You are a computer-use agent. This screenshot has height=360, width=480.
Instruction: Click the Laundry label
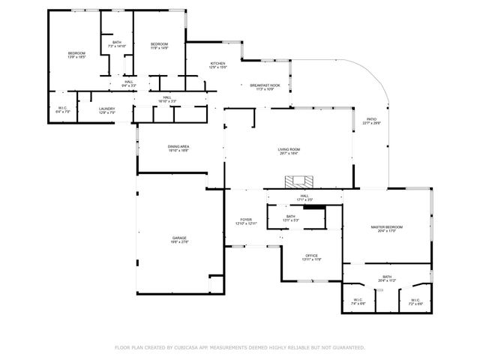pyautogui.click(x=107, y=110)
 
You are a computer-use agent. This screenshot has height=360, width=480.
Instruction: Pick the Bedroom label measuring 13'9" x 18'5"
pyautogui.click(x=76, y=55)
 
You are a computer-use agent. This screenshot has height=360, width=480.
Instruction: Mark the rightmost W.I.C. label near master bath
pyautogui.click(x=416, y=301)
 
